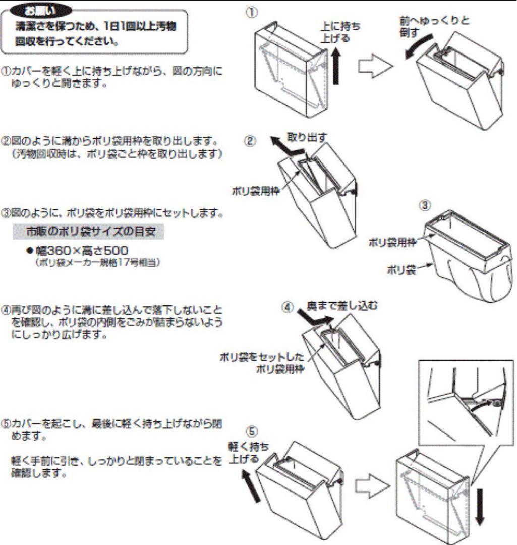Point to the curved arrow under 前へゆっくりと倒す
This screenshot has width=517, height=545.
pos(418,47)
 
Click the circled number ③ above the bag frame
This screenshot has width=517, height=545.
pos(425,205)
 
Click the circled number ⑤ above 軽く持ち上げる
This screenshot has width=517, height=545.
pos(253,432)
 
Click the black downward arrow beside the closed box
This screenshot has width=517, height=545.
pos(479,506)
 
